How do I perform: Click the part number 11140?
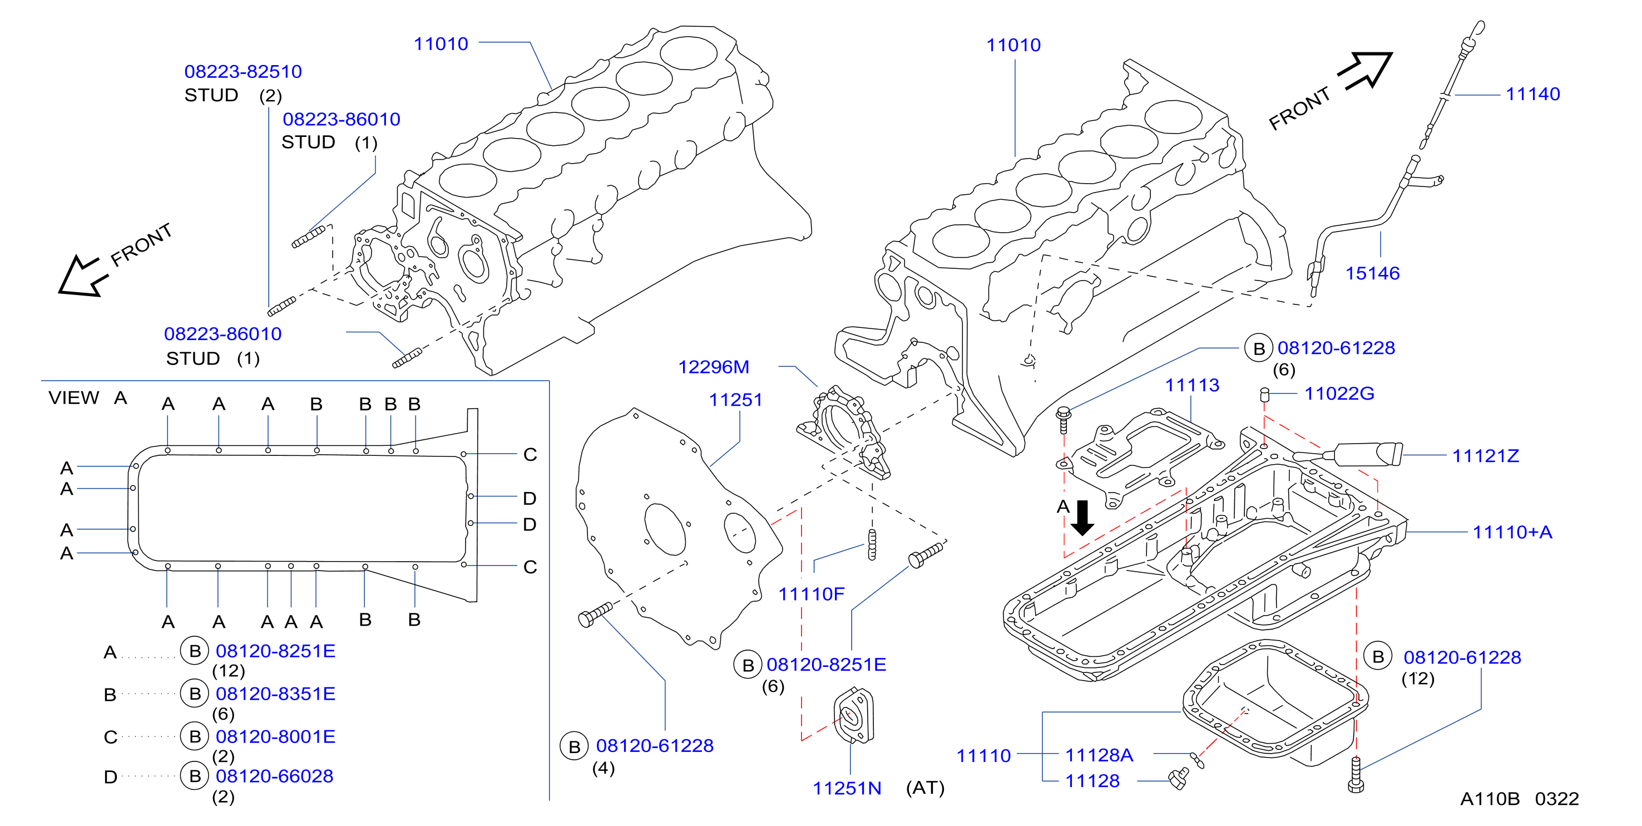click(x=1532, y=95)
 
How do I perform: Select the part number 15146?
click(x=1372, y=274)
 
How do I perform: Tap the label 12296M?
click(x=713, y=367)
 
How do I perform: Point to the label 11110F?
click(x=811, y=594)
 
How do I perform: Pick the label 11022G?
click(x=1339, y=394)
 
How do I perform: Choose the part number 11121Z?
click(x=1485, y=456)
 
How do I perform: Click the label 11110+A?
click(x=1512, y=532)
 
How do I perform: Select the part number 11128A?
click(x=1099, y=756)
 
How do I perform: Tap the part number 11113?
click(x=1192, y=385)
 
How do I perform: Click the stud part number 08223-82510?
click(x=243, y=71)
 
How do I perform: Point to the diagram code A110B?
click(x=1490, y=799)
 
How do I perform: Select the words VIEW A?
click(x=88, y=398)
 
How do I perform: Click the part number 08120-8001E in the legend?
click(x=275, y=737)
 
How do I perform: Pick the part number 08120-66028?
click(x=275, y=777)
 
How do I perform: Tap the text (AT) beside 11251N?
click(x=925, y=788)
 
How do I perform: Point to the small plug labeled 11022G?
click(x=1265, y=395)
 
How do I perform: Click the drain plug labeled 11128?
click(x=1179, y=779)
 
